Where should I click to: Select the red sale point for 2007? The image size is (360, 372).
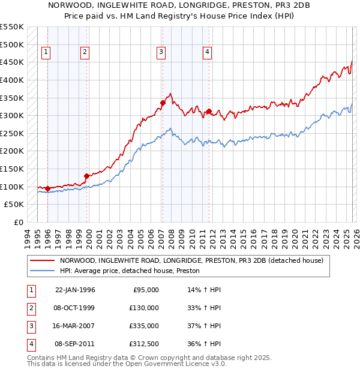click(163, 103)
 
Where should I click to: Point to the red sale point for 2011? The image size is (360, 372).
click(209, 111)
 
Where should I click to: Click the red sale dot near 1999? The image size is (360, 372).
click(86, 176)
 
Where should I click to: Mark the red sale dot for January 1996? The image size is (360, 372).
click(47, 188)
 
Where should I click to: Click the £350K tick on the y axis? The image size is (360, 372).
click(12, 98)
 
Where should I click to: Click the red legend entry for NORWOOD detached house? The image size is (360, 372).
click(191, 260)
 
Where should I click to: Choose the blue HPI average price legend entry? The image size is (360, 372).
click(129, 271)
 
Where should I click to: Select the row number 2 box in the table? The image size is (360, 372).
click(30, 308)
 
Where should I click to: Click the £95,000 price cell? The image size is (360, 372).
click(146, 290)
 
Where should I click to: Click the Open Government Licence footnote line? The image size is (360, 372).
click(127, 364)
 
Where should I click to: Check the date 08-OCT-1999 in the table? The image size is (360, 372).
click(75, 308)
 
